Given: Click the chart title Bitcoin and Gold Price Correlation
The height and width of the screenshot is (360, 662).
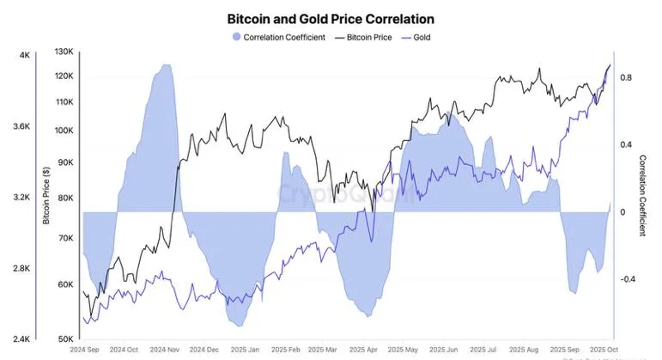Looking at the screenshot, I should (x=331, y=18).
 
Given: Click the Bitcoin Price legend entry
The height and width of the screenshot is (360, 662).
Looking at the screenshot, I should (x=383, y=38).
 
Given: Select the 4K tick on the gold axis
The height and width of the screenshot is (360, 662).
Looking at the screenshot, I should (x=25, y=56).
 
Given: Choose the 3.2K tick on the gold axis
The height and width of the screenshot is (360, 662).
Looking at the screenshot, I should (x=21, y=198).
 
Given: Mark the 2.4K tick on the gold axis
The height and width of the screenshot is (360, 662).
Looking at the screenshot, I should (x=21, y=339).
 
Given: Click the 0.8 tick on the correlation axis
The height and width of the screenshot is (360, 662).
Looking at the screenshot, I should (x=626, y=78).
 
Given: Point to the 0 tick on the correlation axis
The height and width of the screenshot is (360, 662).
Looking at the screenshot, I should (x=622, y=212).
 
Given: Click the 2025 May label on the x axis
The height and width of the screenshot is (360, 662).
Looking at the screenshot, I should (x=403, y=350).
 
